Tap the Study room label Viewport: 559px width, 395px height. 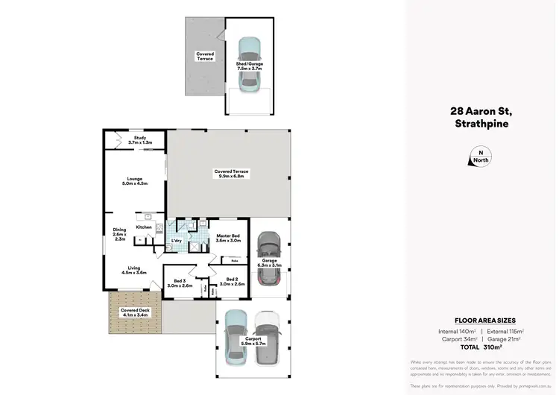pos(139,139)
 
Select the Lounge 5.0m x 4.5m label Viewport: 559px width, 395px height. pos(135,180)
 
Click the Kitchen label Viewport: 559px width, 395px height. pos(144,227)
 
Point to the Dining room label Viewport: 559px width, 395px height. pos(119,234)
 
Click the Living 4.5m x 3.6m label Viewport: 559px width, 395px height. pos(134,270)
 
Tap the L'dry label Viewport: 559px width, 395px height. pos(177,240)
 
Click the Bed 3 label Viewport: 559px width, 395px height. pos(180,282)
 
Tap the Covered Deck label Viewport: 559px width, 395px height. pos(131,312)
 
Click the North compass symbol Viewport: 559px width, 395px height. pos(476,157)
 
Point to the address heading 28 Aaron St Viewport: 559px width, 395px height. pos(481,112)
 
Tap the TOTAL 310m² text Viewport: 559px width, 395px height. pos(481,347)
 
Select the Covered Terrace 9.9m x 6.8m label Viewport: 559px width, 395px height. pos(231,174)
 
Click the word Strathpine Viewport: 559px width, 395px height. pos(481,124)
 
